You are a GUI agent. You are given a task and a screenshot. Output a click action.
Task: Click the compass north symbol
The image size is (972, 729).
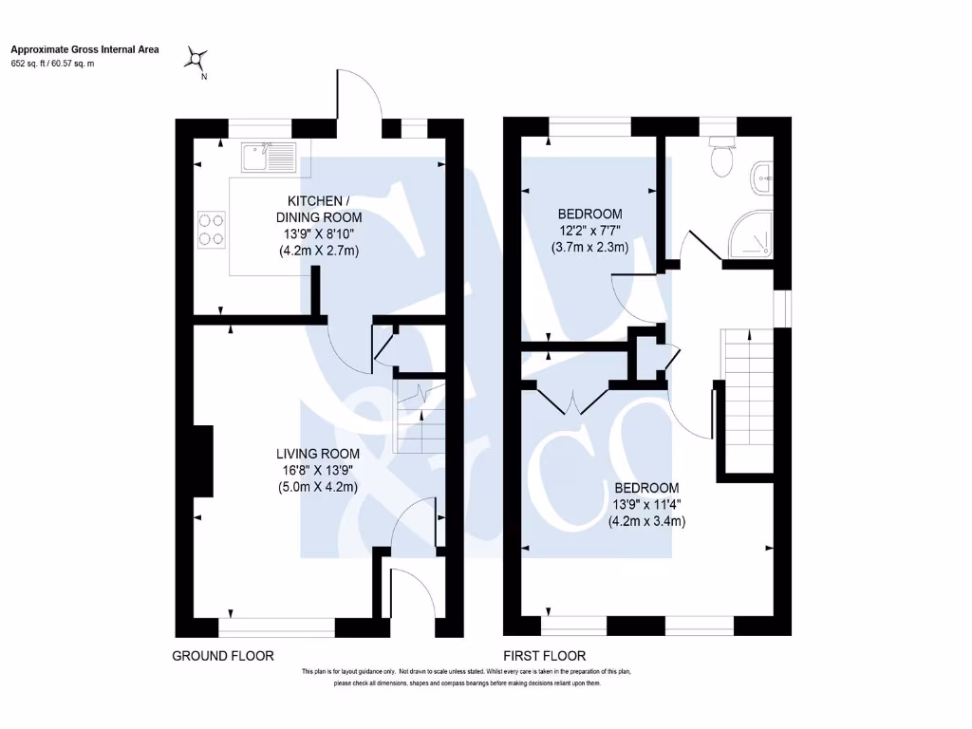click(196, 61)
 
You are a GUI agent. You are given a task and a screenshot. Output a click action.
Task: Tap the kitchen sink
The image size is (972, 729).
click(269, 158)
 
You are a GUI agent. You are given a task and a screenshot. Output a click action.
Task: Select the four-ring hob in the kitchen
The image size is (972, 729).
click(211, 229)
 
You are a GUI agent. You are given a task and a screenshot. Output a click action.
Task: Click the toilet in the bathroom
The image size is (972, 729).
click(722, 157)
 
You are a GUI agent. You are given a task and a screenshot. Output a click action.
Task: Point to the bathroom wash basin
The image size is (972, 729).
click(762, 177)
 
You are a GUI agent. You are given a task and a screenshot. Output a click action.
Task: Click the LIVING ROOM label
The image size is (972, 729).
click(317, 454)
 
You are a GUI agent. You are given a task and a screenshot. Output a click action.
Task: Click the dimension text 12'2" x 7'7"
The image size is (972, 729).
click(589, 230)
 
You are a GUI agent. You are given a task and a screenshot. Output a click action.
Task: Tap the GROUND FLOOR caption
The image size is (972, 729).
click(223, 656)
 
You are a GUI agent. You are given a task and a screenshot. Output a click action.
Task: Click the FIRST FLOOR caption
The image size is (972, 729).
click(545, 656)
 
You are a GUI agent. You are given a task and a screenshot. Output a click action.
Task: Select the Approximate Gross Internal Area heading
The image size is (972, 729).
click(84, 49)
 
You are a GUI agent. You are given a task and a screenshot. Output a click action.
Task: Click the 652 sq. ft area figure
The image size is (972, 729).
click(30, 64)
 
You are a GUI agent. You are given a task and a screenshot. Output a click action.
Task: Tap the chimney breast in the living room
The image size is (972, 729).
click(202, 460)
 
